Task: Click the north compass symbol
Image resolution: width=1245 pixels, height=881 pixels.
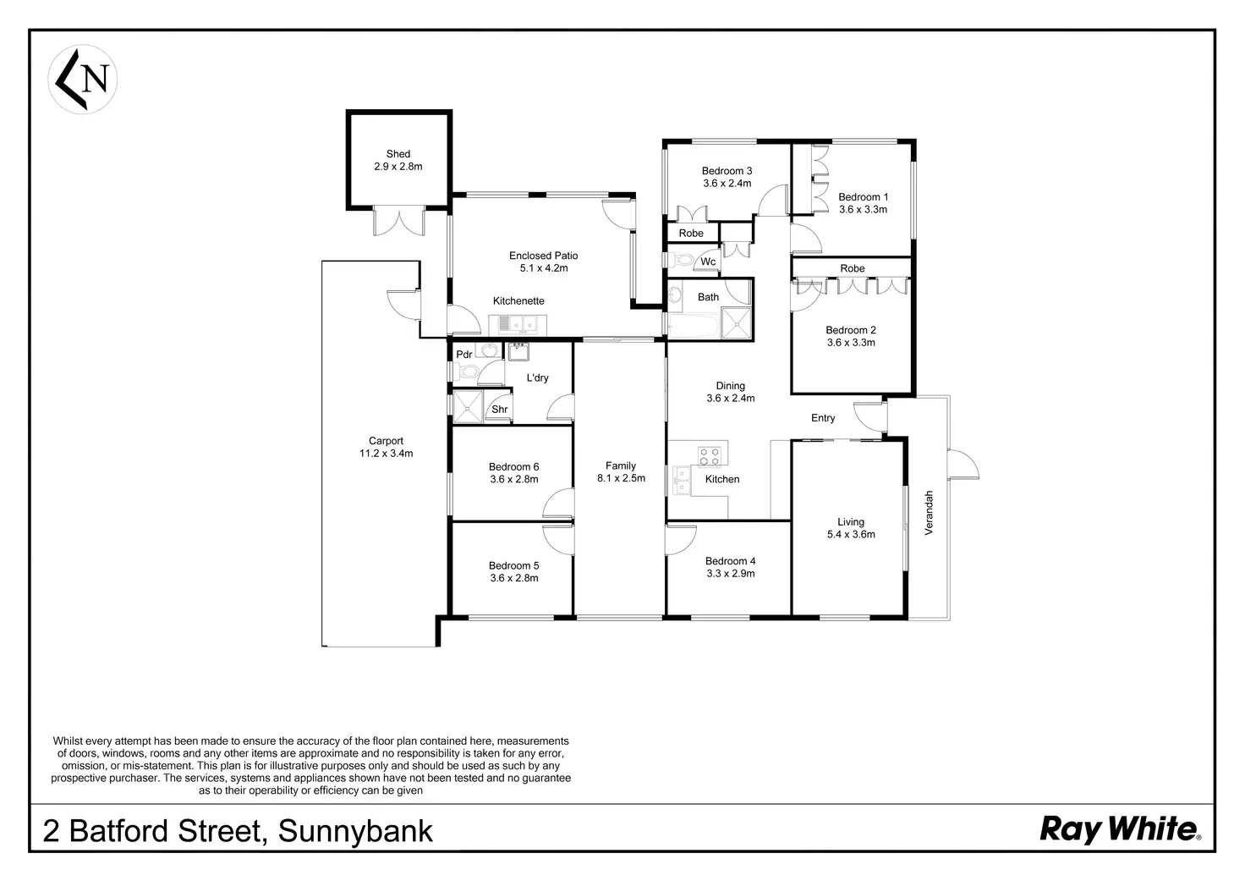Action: (82, 80)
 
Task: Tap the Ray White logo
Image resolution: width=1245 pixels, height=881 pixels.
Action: (1119, 829)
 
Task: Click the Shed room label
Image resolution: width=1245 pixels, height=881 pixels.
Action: (398, 154)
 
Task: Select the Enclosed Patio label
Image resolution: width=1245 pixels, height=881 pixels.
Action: (543, 256)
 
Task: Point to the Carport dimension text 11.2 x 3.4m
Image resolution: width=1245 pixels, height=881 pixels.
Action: (386, 454)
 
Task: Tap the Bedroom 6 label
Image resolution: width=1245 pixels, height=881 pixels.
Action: (513, 467)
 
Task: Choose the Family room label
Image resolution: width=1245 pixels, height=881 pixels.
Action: (620, 466)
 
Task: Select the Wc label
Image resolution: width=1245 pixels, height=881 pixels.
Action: (708, 262)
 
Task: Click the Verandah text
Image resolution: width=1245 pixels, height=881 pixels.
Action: (929, 513)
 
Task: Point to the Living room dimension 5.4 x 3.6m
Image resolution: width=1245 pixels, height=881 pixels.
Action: (851, 535)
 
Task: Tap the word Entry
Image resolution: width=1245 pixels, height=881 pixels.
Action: (823, 418)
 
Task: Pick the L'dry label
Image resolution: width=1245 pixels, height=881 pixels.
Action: (537, 377)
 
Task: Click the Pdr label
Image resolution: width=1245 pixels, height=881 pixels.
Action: (463, 355)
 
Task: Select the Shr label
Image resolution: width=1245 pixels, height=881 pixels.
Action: (499, 410)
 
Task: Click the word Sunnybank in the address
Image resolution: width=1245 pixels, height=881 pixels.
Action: (355, 831)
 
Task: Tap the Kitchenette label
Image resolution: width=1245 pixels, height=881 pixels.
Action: (518, 301)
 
